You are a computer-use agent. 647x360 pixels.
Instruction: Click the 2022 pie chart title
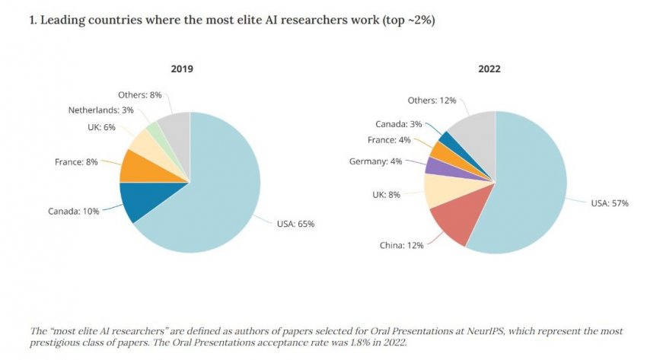tap(489, 69)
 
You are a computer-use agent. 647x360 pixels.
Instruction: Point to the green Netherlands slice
tap(154, 129)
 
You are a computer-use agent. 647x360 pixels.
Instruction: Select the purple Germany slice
tap(432, 164)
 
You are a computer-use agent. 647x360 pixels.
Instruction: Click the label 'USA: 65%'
tap(296, 224)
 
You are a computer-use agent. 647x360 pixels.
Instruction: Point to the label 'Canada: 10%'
tap(74, 211)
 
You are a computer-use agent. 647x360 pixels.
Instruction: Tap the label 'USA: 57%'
tap(609, 203)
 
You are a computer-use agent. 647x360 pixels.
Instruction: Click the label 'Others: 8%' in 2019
tap(140, 95)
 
